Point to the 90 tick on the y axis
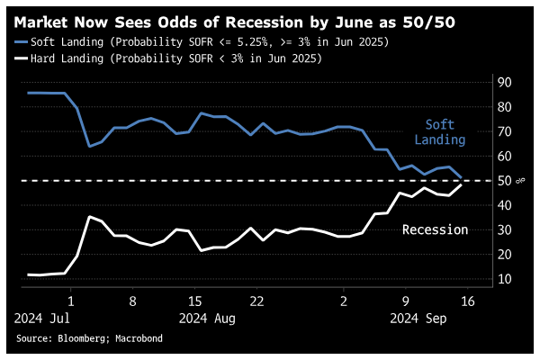pyautogui.click(x=505, y=83)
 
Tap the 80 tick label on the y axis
pyautogui.click(x=505, y=107)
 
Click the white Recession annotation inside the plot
pyautogui.click(x=435, y=229)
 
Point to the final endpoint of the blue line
pyautogui.click(x=462, y=177)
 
